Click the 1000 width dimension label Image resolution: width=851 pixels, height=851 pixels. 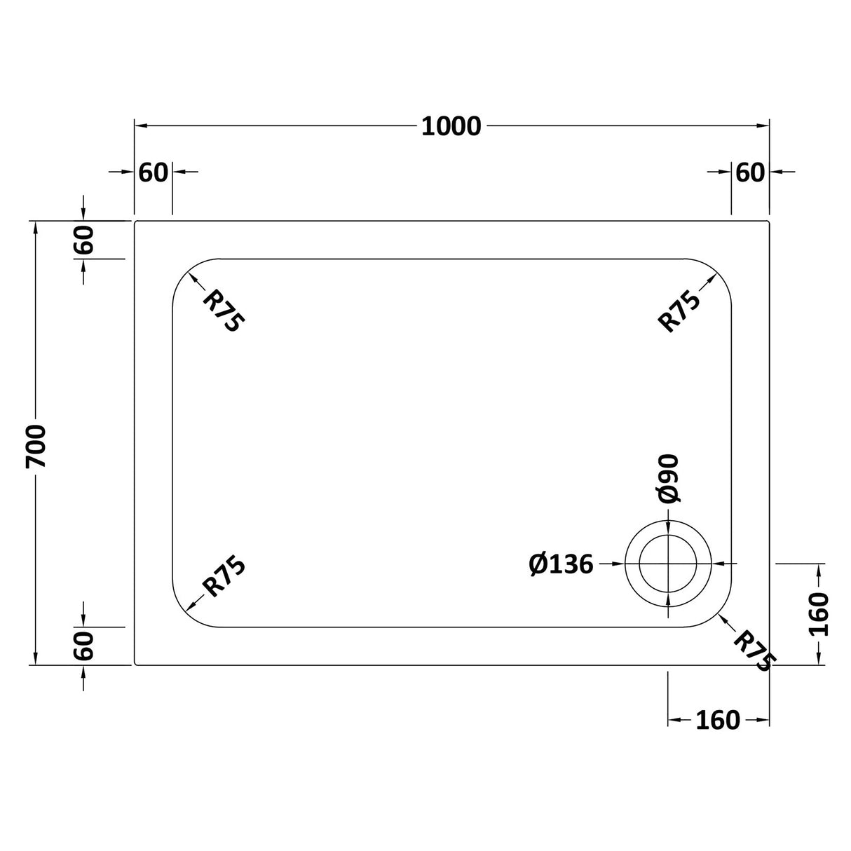451,127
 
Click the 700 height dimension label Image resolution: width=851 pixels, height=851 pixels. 36,446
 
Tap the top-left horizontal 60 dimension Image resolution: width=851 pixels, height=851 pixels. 154,172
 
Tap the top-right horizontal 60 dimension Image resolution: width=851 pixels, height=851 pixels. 750,172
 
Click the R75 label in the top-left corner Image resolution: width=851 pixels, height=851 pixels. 223,311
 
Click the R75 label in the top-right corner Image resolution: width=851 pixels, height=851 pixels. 679,311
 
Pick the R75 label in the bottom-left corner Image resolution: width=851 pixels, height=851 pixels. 223,576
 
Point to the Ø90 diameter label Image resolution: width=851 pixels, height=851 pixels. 668,478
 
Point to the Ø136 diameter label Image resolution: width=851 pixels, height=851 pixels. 561,564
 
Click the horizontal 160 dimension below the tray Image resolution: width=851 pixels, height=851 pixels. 717,720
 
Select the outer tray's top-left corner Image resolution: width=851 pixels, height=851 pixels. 135,222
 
